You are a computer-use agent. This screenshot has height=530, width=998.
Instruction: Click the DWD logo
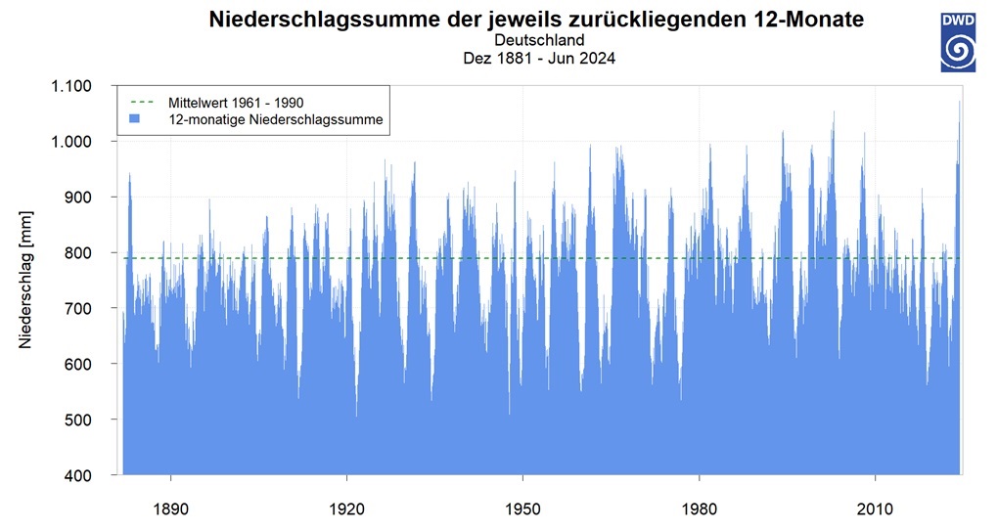958,43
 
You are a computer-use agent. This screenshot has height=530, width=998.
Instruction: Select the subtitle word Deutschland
540,40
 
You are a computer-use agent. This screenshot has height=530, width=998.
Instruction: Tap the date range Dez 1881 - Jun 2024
540,59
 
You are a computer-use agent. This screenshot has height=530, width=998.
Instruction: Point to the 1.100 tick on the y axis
71,86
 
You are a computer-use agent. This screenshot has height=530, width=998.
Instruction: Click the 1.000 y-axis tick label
71,141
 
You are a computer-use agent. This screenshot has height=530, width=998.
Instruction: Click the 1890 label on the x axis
170,509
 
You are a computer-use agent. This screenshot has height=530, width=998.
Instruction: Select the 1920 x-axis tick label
347,509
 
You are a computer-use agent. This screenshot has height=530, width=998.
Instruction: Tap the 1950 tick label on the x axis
523,509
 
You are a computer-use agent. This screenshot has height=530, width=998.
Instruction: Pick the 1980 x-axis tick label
699,509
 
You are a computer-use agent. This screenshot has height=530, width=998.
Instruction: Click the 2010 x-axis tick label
875,509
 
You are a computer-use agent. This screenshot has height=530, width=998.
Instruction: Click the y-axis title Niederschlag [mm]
24,280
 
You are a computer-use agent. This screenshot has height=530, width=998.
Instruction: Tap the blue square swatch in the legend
134,119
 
